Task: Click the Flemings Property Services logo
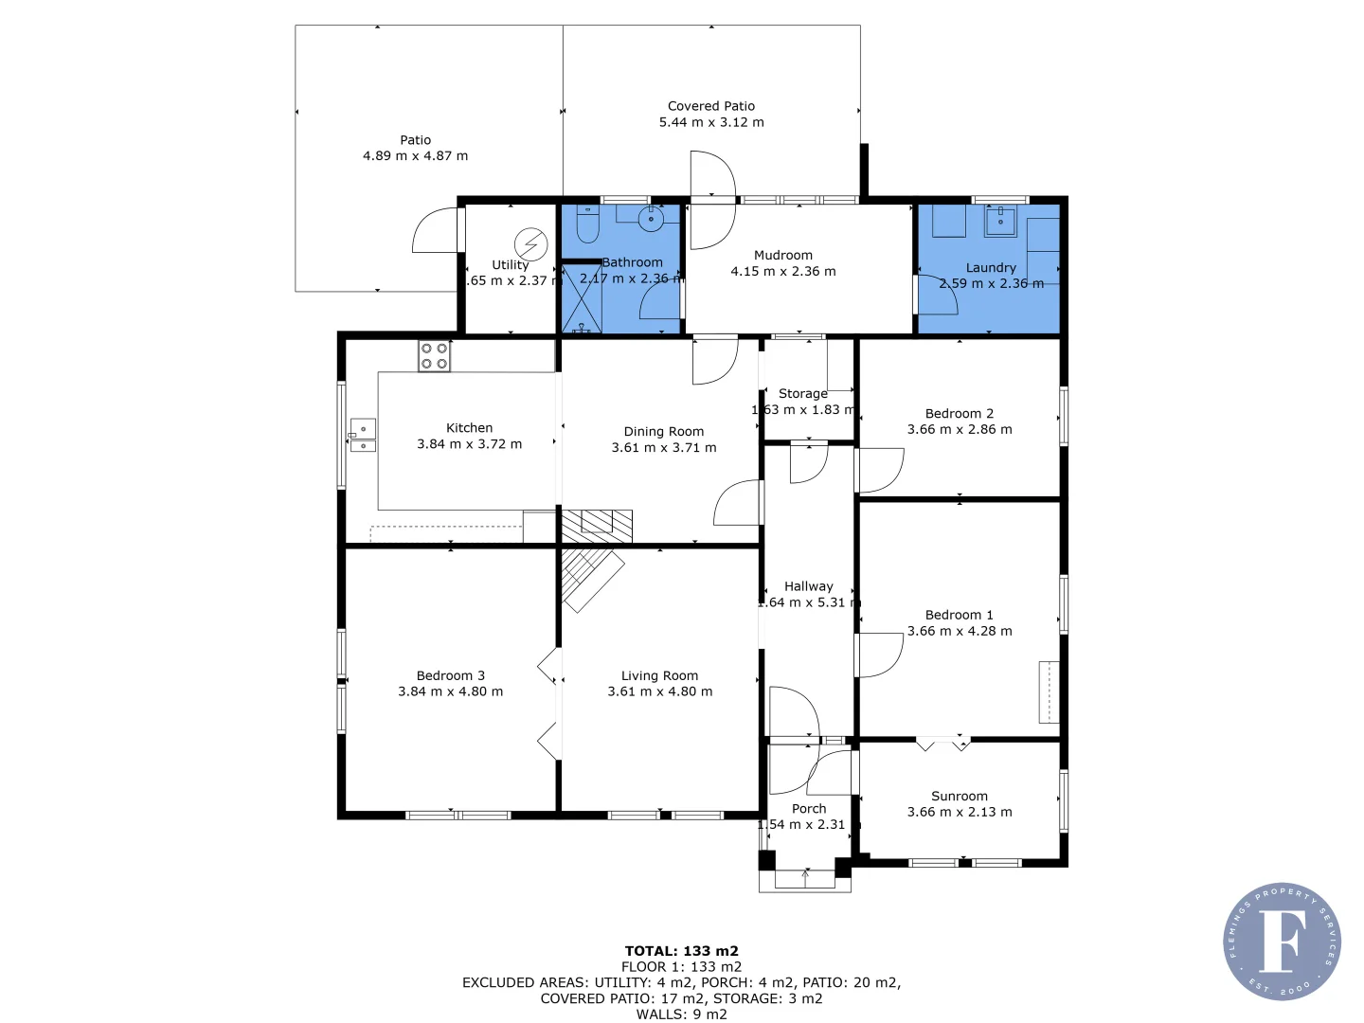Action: click(1282, 942)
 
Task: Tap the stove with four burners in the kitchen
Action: click(434, 356)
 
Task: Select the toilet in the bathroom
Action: click(587, 225)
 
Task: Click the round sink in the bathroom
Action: click(651, 219)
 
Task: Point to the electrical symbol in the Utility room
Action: click(530, 244)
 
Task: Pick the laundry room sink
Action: click(999, 222)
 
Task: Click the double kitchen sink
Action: click(363, 436)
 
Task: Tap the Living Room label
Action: click(659, 675)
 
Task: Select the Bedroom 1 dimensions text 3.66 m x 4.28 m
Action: click(960, 631)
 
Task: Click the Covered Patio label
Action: click(711, 106)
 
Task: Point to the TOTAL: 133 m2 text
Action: click(681, 951)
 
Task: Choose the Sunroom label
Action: click(959, 796)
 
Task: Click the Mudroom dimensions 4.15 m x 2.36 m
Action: click(782, 271)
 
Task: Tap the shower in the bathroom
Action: click(582, 299)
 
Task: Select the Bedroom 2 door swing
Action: click(880, 471)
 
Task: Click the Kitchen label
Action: click(469, 428)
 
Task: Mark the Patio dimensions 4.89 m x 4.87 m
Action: click(415, 155)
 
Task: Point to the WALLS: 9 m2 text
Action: click(681, 1014)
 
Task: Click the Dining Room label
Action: click(663, 431)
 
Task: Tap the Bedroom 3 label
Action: click(450, 675)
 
